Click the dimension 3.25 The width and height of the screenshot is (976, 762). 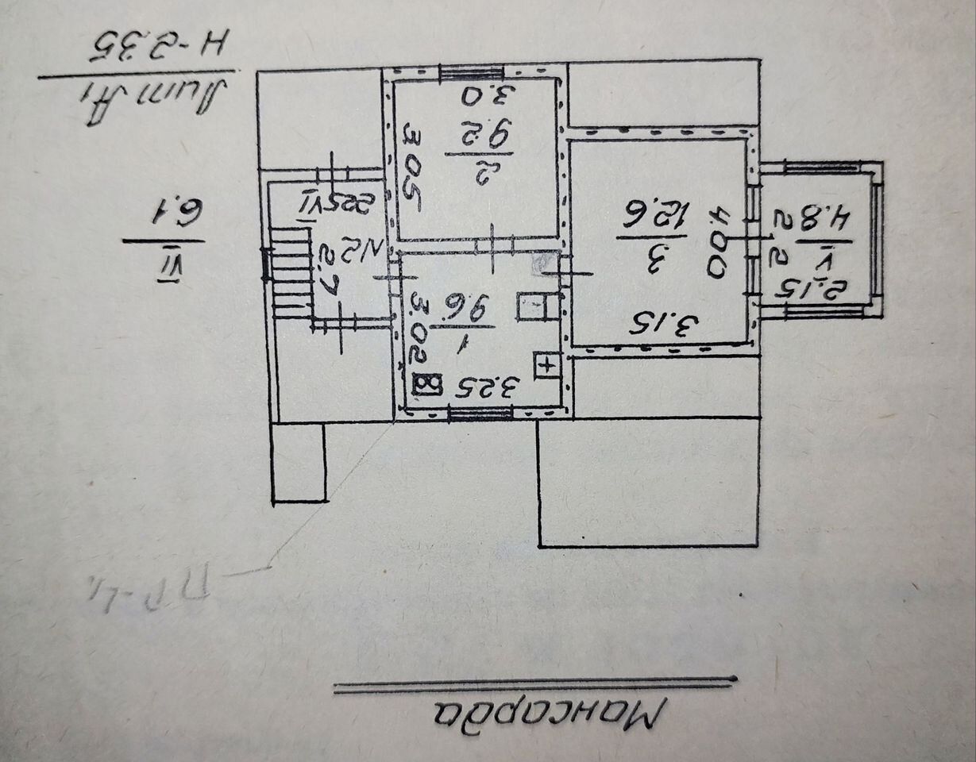pyautogui.click(x=488, y=388)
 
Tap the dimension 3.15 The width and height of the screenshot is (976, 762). pyautogui.click(x=663, y=323)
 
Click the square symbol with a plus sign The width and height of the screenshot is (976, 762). pyautogui.click(x=546, y=364)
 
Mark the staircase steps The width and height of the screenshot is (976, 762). pyautogui.click(x=290, y=271)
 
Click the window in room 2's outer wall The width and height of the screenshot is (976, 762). pyautogui.click(x=468, y=72)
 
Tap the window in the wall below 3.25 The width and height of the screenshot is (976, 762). pyautogui.click(x=480, y=412)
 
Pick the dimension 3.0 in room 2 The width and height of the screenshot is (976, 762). pyautogui.click(x=485, y=98)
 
